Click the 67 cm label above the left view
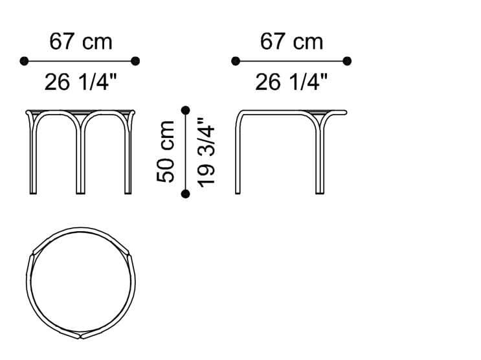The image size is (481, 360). coord(80,41)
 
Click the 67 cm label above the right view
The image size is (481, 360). coord(291,41)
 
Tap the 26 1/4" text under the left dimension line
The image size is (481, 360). coord(80,82)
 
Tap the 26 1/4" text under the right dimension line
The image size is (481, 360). coord(291,82)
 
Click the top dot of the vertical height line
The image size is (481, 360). coord(186,110)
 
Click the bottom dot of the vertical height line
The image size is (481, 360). coord(186,194)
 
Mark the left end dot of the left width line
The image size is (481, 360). coord(25,61)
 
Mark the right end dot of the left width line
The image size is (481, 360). coord(135,61)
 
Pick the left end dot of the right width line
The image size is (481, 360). coord(236,61)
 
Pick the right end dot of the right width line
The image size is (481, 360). coord(347,61)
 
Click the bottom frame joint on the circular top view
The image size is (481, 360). coord(80,335)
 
